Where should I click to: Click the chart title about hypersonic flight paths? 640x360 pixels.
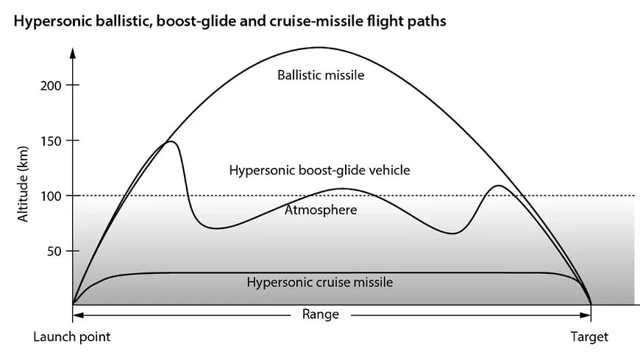[230, 21]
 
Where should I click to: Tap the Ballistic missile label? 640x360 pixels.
[321, 75]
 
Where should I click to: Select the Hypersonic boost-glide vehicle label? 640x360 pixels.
[319, 170]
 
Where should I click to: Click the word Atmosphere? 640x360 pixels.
[321, 211]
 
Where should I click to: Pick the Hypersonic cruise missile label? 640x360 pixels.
[319, 282]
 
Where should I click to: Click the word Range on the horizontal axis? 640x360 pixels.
[321, 314]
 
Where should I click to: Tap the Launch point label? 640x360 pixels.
[71, 337]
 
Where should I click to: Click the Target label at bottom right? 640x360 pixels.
[589, 337]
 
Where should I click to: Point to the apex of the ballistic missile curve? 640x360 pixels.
[319, 48]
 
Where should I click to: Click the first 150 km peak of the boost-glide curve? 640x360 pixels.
[171, 141]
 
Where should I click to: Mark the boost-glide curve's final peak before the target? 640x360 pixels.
[499, 186]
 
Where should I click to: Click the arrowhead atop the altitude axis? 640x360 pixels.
[72, 52]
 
